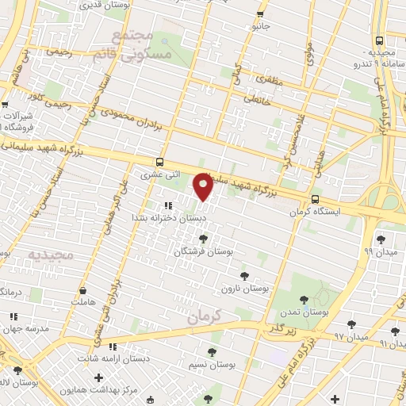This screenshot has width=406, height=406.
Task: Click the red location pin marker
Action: tap(204, 187)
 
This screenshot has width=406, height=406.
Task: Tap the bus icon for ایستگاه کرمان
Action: tap(315, 200)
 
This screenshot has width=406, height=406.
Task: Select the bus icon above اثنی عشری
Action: tap(162, 160)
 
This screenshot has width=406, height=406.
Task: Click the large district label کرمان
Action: tap(209, 315)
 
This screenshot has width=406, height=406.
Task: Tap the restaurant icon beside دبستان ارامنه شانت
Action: tap(113, 347)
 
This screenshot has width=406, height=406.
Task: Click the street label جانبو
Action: tap(261, 27)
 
